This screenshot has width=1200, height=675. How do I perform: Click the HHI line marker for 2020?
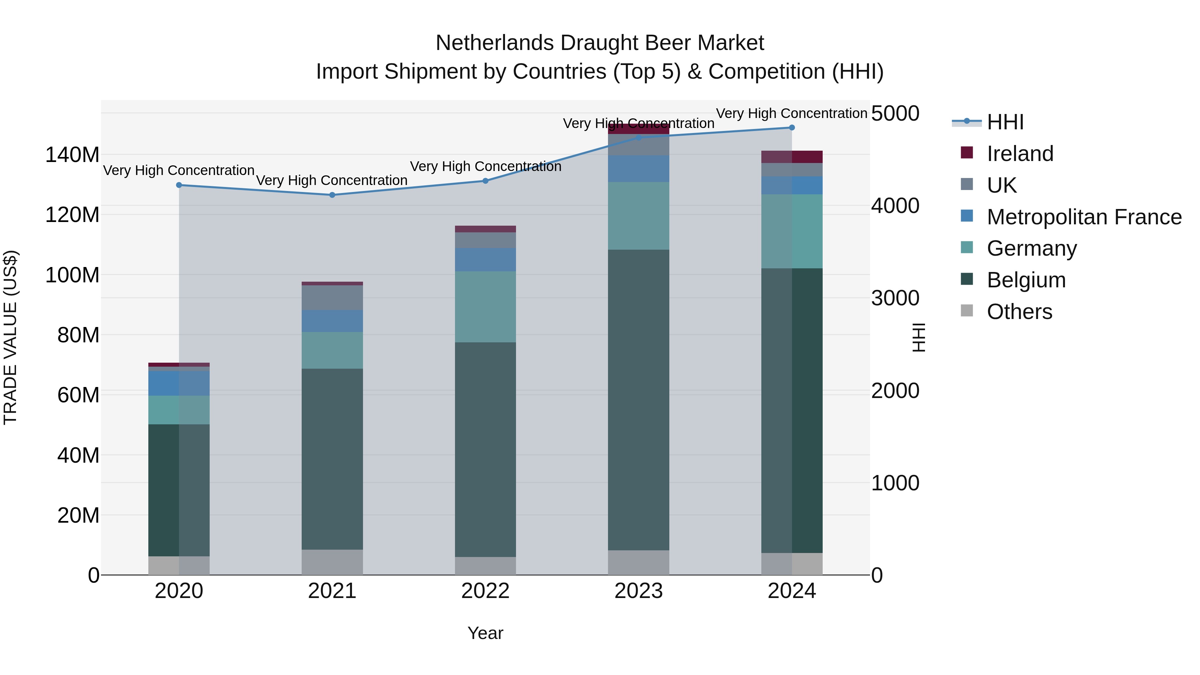click(x=179, y=185)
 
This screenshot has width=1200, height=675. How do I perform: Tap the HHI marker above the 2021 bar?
click(x=332, y=195)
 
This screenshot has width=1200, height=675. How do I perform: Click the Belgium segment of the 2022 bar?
click(x=485, y=450)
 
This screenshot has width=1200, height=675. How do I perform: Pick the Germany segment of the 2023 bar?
click(x=638, y=216)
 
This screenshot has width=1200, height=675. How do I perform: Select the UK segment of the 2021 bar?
click(x=332, y=298)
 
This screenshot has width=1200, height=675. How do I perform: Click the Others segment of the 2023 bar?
click(x=638, y=562)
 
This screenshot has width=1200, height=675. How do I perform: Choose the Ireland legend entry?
click(x=1019, y=154)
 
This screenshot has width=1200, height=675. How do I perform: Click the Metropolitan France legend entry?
click(x=1084, y=217)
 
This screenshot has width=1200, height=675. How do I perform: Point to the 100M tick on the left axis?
click(x=72, y=275)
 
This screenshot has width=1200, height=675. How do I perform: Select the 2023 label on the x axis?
click(x=638, y=591)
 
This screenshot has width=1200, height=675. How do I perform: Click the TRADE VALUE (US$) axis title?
click(x=10, y=337)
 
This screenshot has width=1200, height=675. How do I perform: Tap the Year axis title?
click(x=485, y=633)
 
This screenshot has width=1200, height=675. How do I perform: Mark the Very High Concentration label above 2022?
click(x=485, y=166)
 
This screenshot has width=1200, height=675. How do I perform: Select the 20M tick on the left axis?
click(x=78, y=515)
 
